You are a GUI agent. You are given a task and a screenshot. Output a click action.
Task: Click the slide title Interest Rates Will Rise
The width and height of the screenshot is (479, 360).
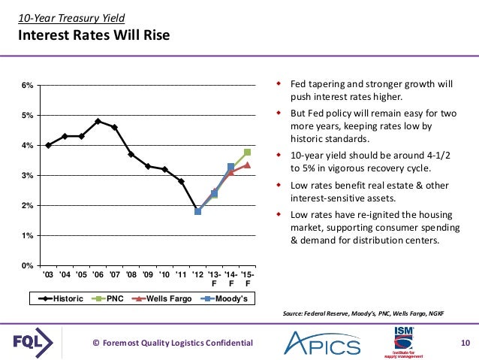[94, 35]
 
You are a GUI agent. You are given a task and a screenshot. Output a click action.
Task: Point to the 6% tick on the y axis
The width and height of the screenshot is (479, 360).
[27, 85]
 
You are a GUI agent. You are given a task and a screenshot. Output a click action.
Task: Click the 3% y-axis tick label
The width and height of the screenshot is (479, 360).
[27, 175]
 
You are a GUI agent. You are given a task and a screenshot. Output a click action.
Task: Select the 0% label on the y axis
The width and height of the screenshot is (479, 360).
[27, 265]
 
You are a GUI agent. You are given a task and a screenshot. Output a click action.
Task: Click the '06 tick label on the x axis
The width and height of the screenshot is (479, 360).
[98, 275]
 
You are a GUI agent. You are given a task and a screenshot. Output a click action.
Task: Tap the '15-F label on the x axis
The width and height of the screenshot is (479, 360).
[247, 280]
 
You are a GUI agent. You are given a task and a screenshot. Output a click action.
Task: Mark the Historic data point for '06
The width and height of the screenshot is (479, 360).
[98, 121]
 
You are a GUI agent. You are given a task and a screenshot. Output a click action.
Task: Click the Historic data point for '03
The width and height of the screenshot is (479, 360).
[48, 145]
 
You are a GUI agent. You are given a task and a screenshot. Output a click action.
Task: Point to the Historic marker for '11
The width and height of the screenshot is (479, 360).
[181, 181]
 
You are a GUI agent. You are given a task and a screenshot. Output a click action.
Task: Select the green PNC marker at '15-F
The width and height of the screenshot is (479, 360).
[247, 153]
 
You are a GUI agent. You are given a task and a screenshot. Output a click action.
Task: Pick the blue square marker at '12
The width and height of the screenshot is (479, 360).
[197, 211]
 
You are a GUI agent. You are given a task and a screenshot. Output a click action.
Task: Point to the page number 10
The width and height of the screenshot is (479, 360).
[464, 343]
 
